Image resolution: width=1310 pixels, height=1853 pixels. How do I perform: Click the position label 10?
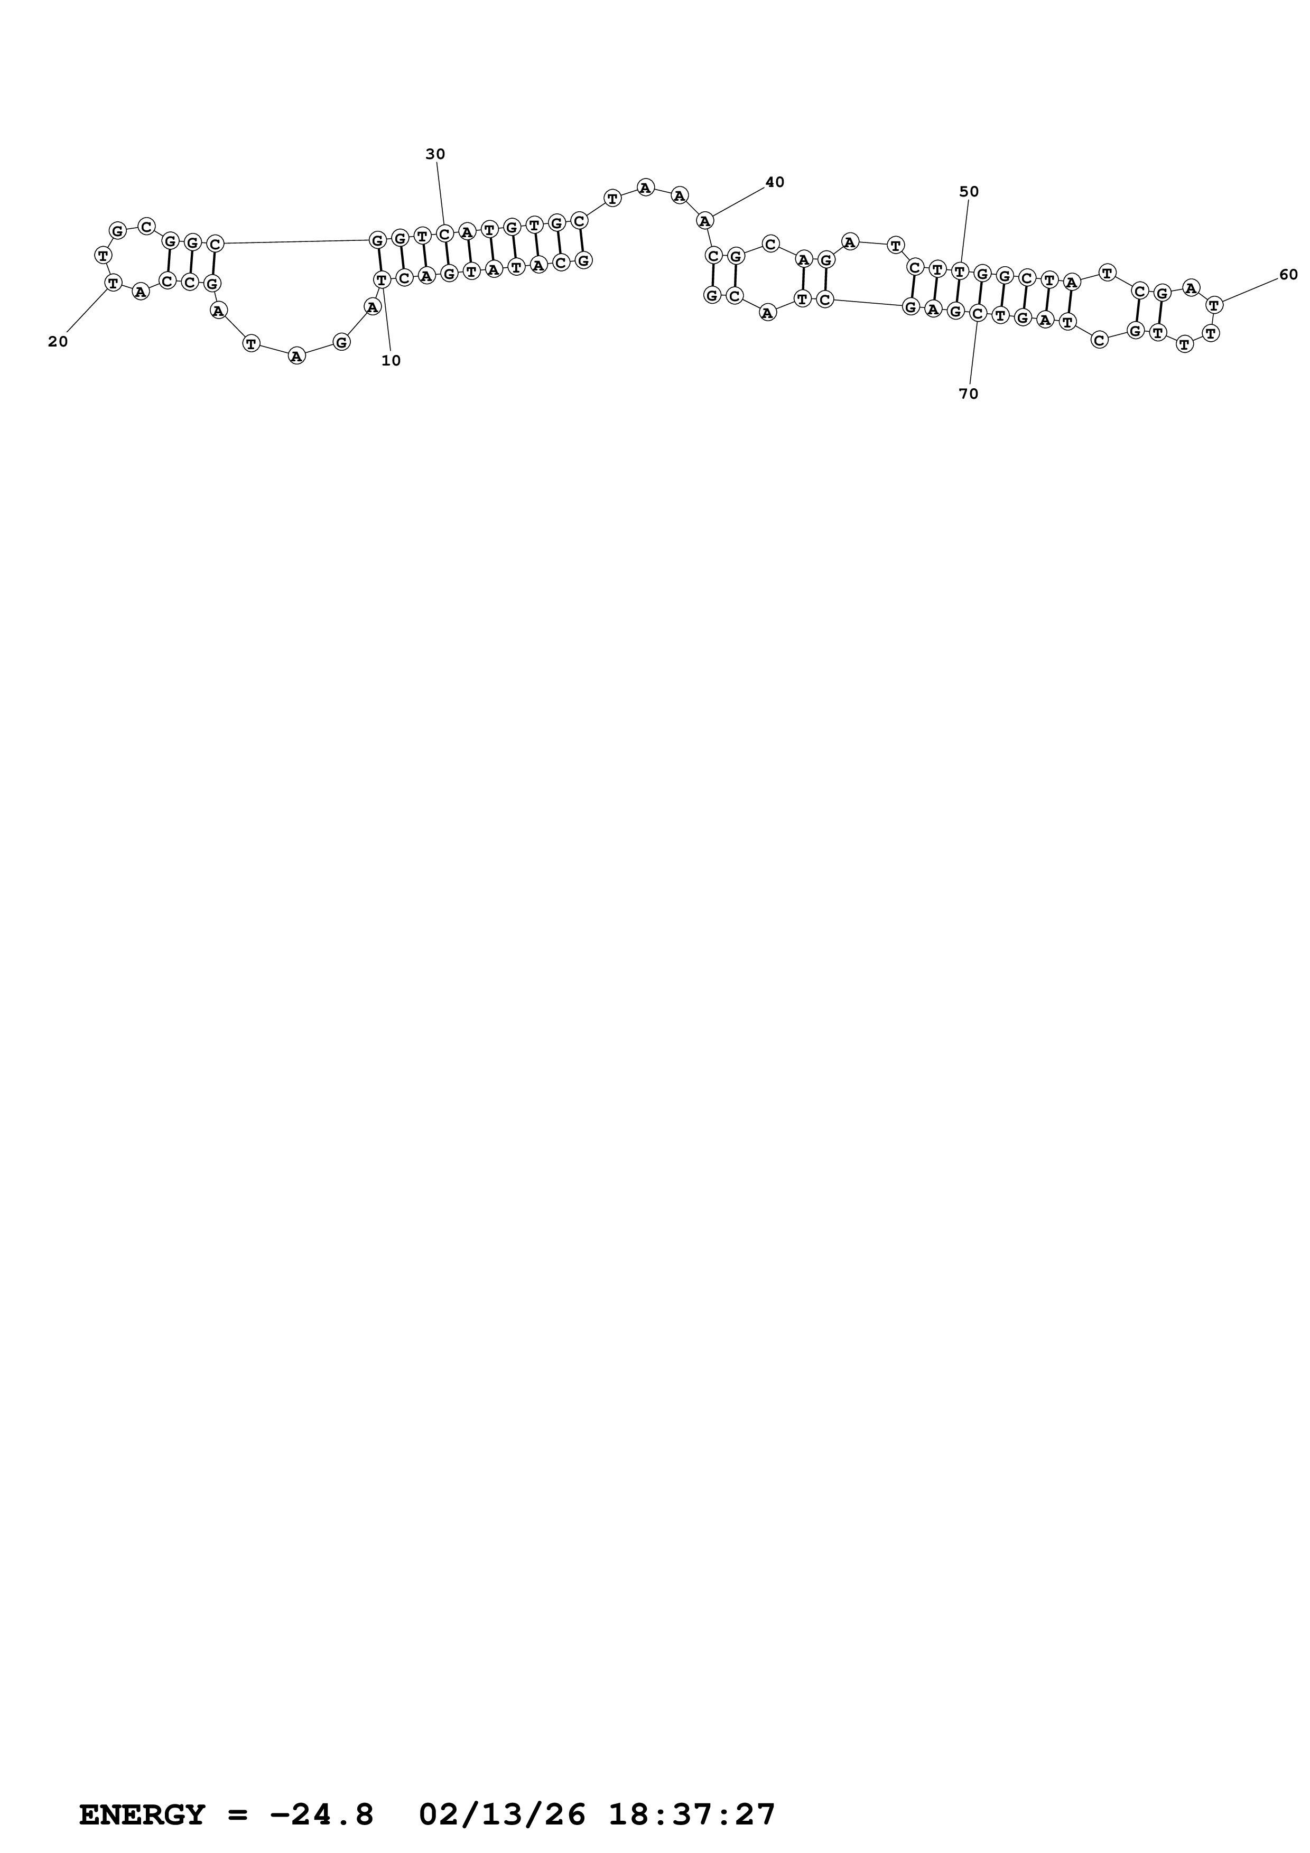(x=391, y=361)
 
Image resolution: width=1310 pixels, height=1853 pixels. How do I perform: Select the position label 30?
(x=435, y=154)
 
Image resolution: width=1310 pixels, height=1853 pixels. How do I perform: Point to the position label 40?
(x=774, y=182)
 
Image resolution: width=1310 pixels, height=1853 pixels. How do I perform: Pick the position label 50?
(x=969, y=191)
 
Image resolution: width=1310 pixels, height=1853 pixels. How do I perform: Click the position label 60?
(x=1288, y=274)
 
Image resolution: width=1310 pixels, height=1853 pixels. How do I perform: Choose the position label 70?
(x=969, y=394)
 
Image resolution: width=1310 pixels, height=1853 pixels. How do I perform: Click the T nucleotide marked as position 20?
(x=113, y=283)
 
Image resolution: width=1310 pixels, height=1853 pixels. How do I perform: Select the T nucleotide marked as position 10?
(x=382, y=279)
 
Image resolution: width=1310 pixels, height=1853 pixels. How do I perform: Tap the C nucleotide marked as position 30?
(x=444, y=234)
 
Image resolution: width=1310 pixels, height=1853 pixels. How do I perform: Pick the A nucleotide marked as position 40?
(x=704, y=220)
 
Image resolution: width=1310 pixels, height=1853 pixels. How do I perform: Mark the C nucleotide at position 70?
(x=978, y=313)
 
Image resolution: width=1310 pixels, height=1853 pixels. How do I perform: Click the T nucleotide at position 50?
(x=959, y=270)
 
